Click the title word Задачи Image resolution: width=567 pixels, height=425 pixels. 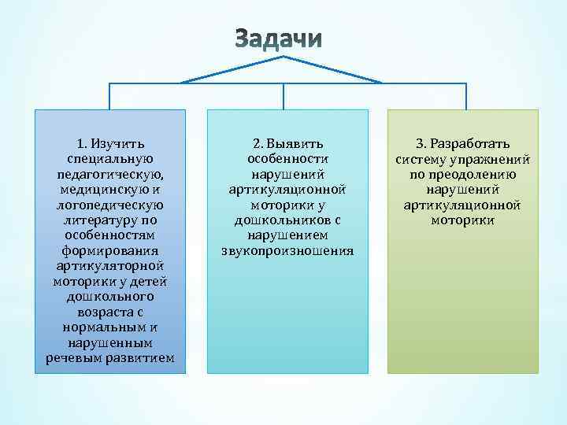tap(279, 39)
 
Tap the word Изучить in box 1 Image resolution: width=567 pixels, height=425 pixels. tap(117, 144)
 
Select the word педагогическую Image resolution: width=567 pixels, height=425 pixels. tap(110, 173)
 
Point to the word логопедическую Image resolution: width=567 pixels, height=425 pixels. tap(110, 205)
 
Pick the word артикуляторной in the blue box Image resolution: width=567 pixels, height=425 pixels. tap(110, 267)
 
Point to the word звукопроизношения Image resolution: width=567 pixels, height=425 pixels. tap(287, 252)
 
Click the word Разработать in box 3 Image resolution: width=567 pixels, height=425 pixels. tap(470, 144)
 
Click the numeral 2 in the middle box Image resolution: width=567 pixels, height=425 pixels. tap(257, 144)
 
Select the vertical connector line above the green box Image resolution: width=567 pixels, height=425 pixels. tap(462, 95)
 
